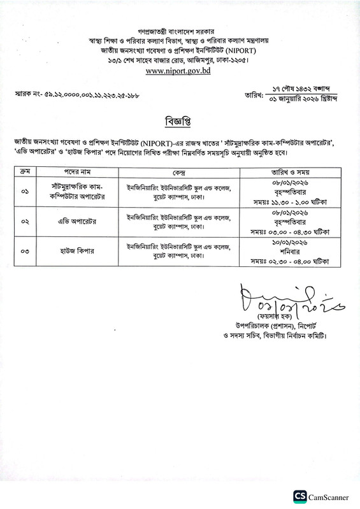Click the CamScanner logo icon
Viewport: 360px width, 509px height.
(299, 496)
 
